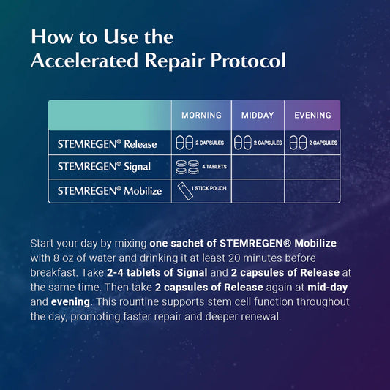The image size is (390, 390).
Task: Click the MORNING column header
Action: (201, 115)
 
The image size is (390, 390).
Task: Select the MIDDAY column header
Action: (258, 115)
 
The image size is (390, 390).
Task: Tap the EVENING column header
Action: (312, 115)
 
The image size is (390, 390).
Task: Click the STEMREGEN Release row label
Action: (107, 143)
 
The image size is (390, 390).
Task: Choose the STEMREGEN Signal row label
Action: (104, 167)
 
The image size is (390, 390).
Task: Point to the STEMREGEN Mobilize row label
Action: (109, 191)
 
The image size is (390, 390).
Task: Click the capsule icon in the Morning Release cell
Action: (183, 143)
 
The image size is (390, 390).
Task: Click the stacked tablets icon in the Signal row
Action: (186, 167)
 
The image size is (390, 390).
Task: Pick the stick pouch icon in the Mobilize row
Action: (181, 190)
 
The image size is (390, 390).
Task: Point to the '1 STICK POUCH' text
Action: (208, 189)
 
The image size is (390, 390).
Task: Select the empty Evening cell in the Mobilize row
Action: (312, 191)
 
